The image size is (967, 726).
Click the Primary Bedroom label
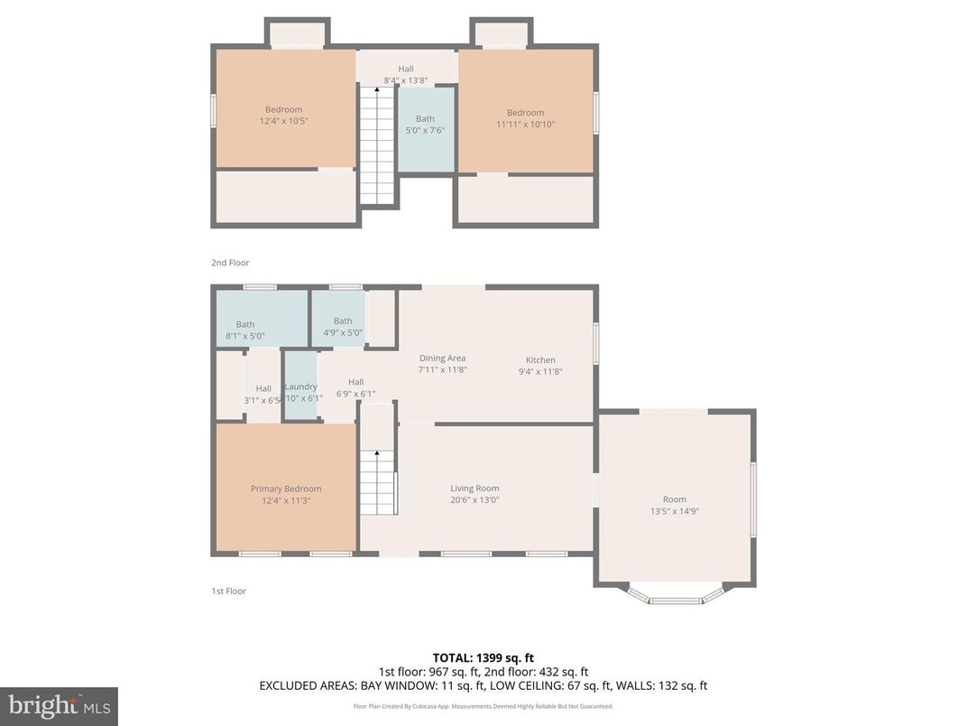[x=285, y=489]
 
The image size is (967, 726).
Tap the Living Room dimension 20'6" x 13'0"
[x=474, y=499]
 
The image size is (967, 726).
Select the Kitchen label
[x=540, y=359]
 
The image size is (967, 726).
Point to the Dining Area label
[x=442, y=358]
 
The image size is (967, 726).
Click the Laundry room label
[x=300, y=386]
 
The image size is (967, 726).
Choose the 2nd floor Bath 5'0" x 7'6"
[x=425, y=125]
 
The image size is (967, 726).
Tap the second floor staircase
[x=378, y=144]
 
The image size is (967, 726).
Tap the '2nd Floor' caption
[x=230, y=263]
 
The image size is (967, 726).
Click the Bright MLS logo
[x=59, y=705]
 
